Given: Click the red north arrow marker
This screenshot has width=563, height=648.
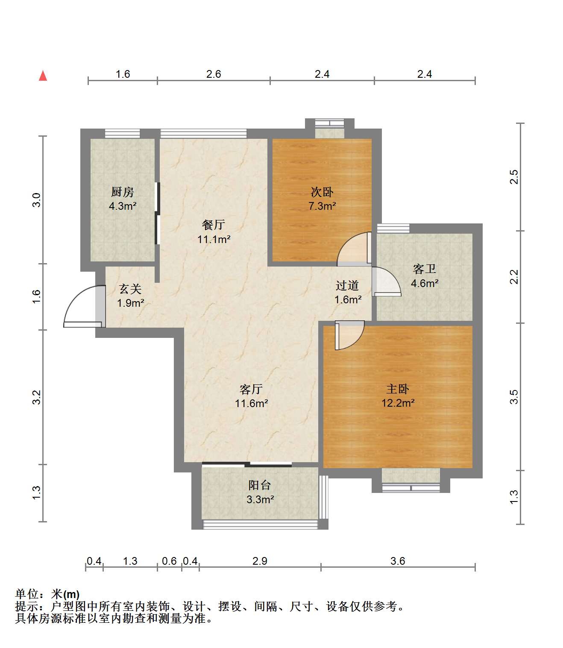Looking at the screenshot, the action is (43, 76).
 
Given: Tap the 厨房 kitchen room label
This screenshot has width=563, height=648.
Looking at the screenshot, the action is (123, 192).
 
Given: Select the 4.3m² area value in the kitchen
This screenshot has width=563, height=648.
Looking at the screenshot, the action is (123, 206).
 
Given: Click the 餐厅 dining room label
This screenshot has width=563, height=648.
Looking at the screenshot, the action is (214, 225).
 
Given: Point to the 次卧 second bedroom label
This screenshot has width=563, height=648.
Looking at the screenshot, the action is (322, 192).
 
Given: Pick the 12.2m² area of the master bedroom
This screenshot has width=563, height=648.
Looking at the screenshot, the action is (398, 403).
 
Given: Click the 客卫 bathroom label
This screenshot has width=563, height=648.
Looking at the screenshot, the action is (425, 269).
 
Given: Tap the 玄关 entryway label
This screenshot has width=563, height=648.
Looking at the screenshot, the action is (130, 289).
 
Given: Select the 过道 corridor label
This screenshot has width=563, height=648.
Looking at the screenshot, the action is (347, 285).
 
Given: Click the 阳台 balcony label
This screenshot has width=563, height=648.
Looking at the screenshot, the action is (260, 485).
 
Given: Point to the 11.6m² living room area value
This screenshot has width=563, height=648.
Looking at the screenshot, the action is (252, 403).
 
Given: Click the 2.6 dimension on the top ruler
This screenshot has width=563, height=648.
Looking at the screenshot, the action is (214, 74).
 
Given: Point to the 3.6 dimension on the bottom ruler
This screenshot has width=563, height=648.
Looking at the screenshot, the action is (398, 561).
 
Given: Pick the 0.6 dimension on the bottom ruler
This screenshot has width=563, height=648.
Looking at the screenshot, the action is (170, 561).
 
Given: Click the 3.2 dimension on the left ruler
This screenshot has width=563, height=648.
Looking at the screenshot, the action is (37, 397).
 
